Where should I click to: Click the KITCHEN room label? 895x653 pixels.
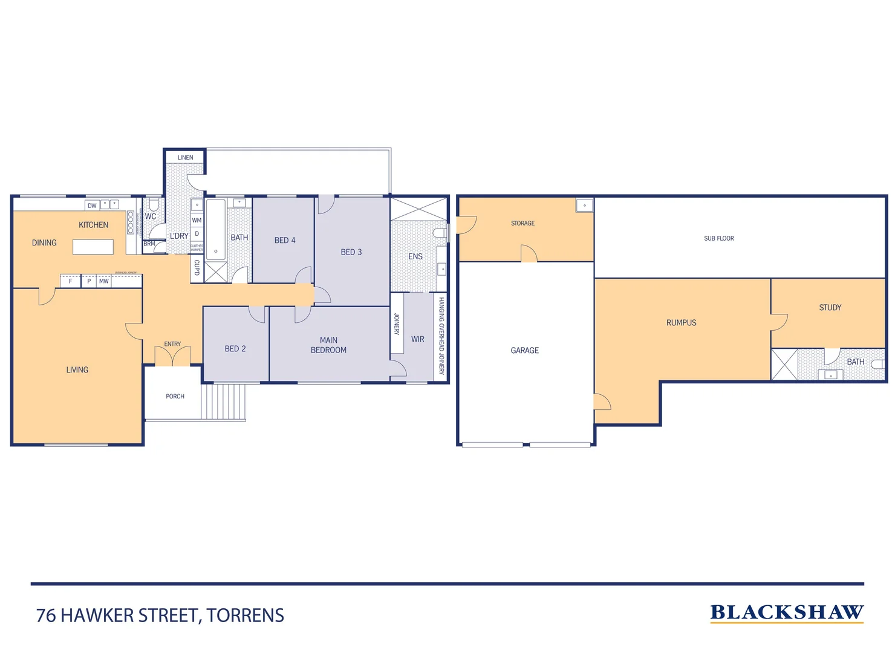coord(93,225)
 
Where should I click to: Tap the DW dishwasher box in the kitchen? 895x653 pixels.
coord(92,206)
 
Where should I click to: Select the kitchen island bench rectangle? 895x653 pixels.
coord(93,247)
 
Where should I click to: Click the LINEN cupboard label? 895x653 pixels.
coord(185,158)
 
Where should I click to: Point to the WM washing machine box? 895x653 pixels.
coord(197,221)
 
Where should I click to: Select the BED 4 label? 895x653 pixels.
coord(285,240)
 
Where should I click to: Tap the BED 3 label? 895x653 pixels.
coord(351,252)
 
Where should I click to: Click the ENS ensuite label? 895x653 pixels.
coord(415,256)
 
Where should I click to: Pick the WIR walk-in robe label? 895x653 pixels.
coord(418,339)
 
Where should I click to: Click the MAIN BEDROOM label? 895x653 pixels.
coord(328,345)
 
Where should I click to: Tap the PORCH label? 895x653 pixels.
coord(175,397)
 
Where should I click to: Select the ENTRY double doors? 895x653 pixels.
coord(172,357)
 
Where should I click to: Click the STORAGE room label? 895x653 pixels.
coord(522,224)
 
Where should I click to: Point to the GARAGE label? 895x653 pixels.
coord(524,351)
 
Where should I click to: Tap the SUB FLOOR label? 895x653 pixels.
coord(718,238)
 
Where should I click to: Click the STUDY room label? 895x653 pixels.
coord(830,308)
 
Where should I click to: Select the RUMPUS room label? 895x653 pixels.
coord(681,323)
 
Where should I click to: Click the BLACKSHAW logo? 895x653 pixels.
coord(786,612)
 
